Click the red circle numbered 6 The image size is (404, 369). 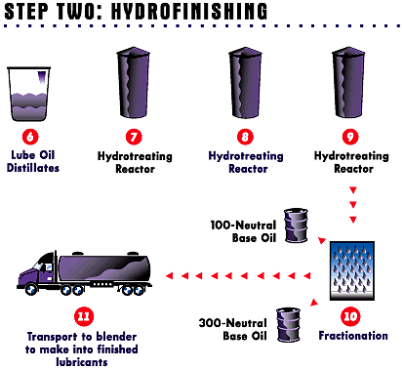tap(30, 137)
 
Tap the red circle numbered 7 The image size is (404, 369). tap(134, 137)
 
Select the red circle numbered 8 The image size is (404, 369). tap(245, 137)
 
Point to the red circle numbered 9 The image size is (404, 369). tap(350, 137)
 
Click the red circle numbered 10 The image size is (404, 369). tap(350, 316)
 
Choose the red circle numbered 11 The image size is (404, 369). tap(84, 316)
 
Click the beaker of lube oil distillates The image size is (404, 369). tap(29, 94)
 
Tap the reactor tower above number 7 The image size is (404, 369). tap(133, 83)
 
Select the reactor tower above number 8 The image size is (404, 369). tap(245, 83)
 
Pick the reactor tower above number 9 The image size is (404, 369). tap(348, 83)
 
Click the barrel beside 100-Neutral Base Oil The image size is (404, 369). tap(296, 225)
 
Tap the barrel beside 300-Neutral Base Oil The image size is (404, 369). tap(288, 325)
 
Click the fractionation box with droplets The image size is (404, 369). tap(352, 270)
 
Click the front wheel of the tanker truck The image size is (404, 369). tap(31, 289)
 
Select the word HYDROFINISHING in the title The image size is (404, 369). tap(189, 11)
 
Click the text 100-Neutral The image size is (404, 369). tap(243, 225)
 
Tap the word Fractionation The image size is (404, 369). tap(353, 336)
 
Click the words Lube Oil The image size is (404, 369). tap(33, 155)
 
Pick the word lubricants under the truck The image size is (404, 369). tap(82, 362)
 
